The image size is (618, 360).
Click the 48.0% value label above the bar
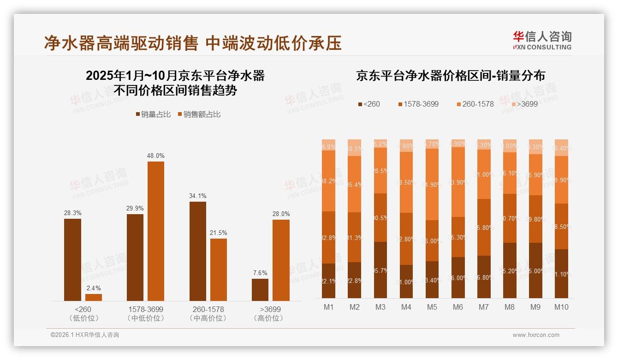click(x=156, y=156)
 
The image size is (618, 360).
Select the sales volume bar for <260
click(x=72, y=259)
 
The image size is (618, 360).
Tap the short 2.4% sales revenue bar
click(x=94, y=297)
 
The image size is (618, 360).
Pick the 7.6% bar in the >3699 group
click(x=260, y=289)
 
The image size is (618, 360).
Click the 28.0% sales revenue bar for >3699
click(x=281, y=260)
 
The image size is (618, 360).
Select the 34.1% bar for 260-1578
click(x=198, y=251)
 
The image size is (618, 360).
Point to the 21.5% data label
click(x=219, y=233)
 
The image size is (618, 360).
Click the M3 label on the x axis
click(x=380, y=307)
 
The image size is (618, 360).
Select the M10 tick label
click(x=561, y=307)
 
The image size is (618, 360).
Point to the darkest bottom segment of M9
click(x=535, y=270)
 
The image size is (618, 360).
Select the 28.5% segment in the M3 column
click(x=380, y=170)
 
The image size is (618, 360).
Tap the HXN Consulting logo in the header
click(x=542, y=40)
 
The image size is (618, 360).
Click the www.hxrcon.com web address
click(x=536, y=335)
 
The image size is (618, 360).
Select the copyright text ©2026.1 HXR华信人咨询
click(x=85, y=335)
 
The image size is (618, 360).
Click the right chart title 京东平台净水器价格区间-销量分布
click(x=450, y=76)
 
